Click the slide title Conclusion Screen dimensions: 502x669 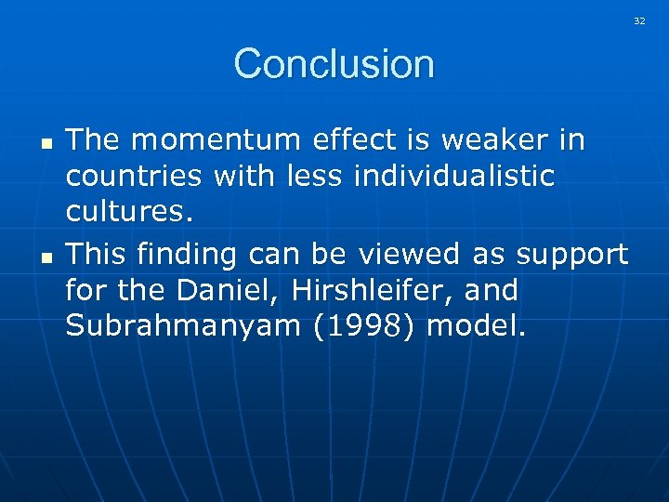coord(334,64)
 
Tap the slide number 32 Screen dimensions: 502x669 coord(639,20)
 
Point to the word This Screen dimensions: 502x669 coord(97,253)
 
